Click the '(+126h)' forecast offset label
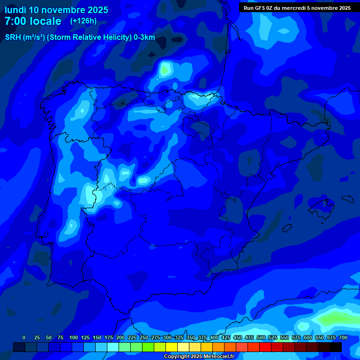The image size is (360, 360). point(83,21)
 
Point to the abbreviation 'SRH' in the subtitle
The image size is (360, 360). point(13,38)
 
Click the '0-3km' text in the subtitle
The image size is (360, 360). point(144,38)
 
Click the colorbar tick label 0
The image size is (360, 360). point(24,337)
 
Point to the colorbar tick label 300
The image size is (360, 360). point(167,337)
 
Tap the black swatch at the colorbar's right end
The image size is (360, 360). point(336,347)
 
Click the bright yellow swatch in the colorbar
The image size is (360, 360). point(172,347)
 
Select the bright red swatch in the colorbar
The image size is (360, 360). point(265,347)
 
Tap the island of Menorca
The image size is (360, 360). point(348,198)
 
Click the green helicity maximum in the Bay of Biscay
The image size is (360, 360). point(165,70)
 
